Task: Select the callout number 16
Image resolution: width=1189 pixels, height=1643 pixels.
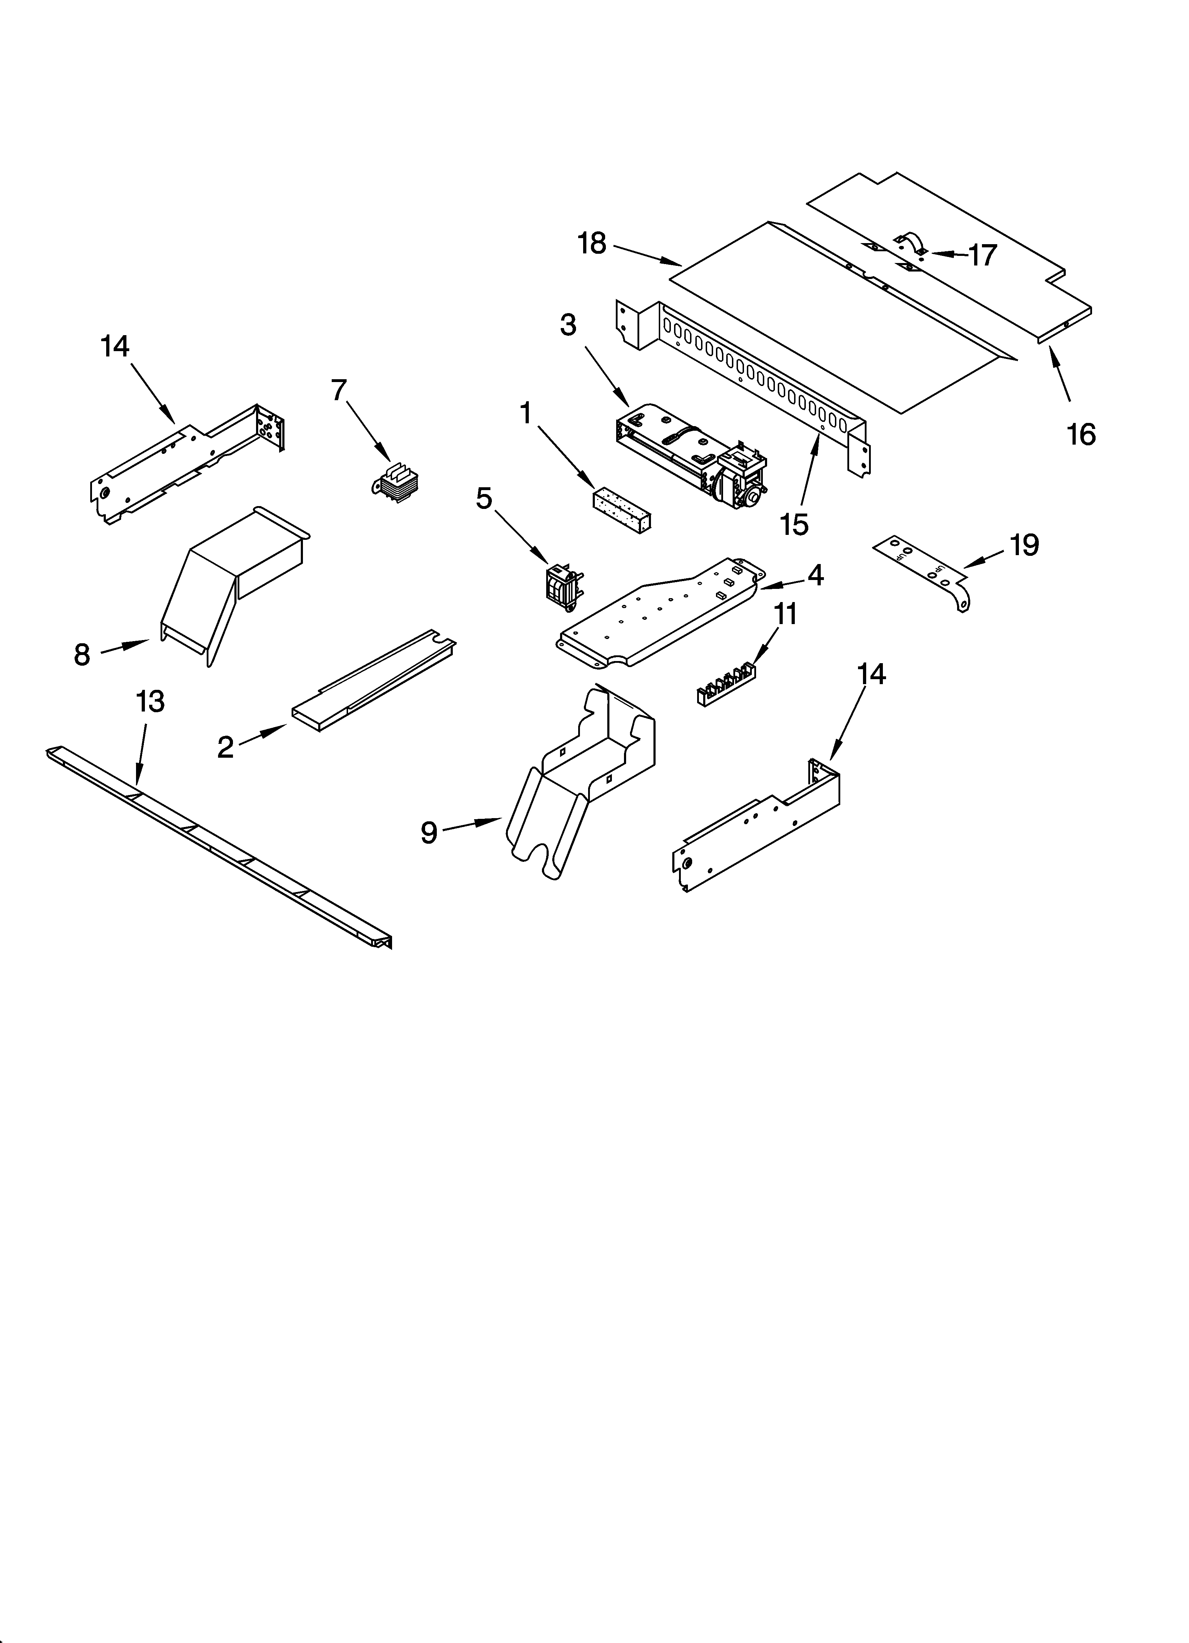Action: (1080, 435)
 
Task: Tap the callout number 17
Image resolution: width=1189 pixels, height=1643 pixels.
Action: (983, 255)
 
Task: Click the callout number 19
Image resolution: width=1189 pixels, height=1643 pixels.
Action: (1024, 545)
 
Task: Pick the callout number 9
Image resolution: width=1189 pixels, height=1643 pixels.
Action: (429, 833)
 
